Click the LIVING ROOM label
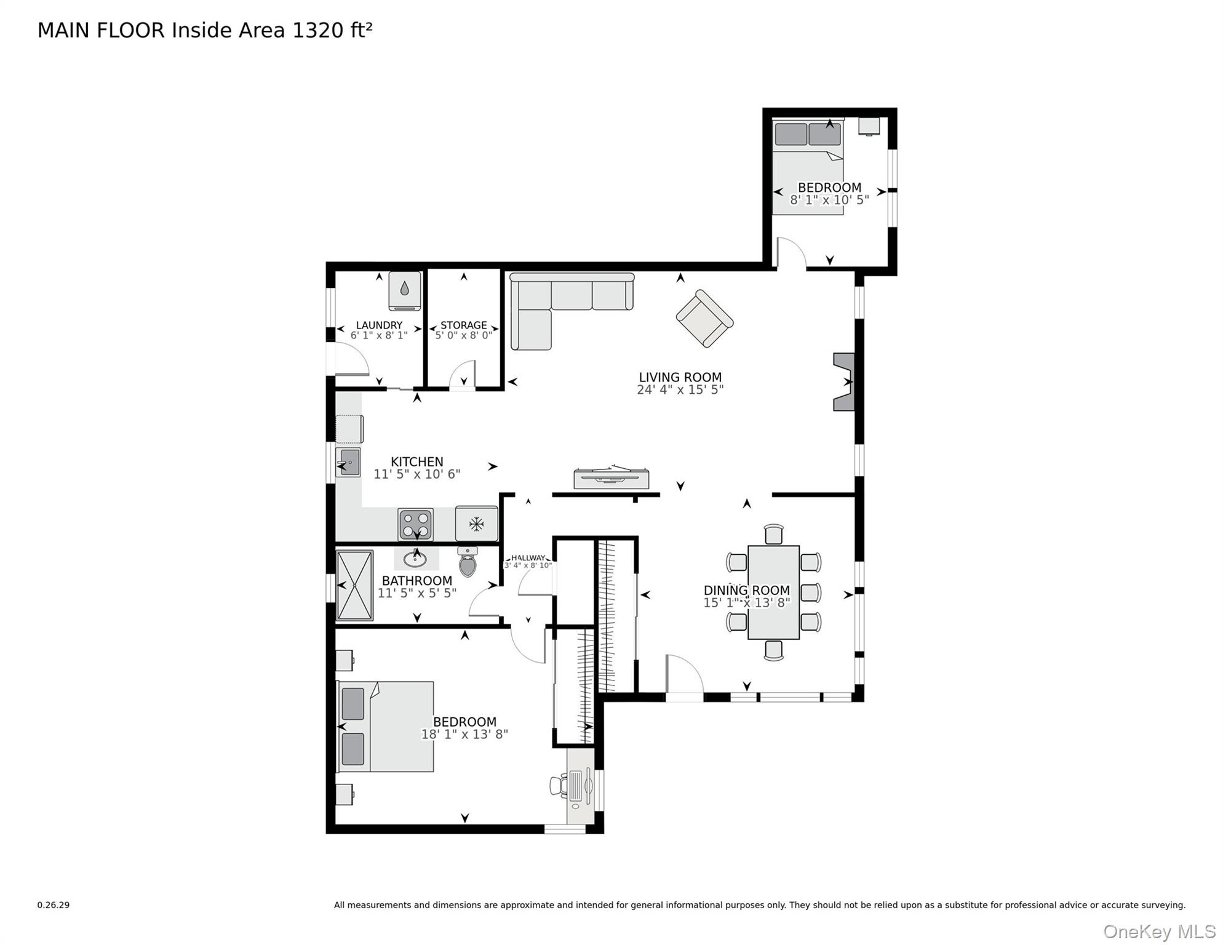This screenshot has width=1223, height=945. [680, 377]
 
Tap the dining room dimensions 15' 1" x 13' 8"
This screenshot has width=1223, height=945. [746, 603]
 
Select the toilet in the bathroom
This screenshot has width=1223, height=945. [468, 562]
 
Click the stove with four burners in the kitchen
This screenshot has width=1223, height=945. [415, 525]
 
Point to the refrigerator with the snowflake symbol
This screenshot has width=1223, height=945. [476, 524]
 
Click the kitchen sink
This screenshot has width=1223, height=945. [348, 463]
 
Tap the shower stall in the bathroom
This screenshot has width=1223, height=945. [354, 585]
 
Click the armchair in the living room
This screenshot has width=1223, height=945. [704, 318]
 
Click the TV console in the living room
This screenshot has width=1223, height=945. [611, 479]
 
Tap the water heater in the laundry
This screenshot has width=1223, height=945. [404, 290]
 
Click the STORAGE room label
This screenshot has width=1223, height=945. [463, 325]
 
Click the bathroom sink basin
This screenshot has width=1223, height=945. [415, 559]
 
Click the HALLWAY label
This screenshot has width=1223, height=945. [528, 558]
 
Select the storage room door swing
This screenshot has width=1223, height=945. [463, 376]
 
